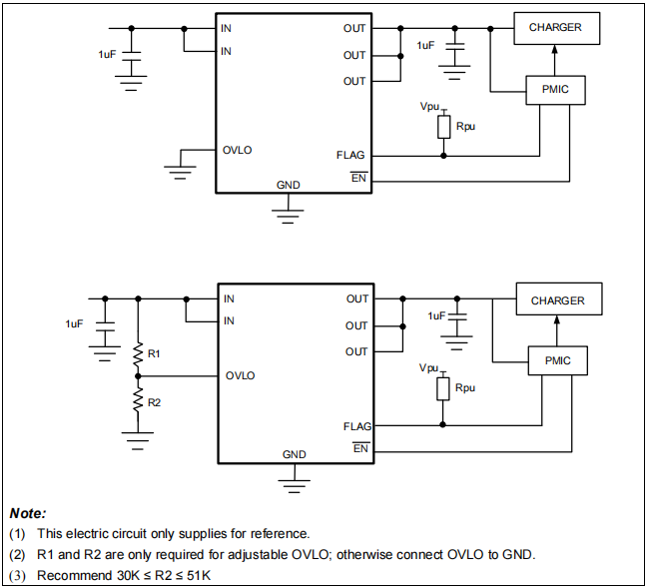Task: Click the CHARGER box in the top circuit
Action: (x=555, y=28)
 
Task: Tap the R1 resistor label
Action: (x=154, y=353)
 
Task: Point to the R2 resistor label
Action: (x=154, y=402)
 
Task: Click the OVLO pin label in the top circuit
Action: (x=237, y=150)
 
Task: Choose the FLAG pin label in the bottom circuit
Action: (x=356, y=426)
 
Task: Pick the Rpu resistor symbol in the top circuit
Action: (x=443, y=128)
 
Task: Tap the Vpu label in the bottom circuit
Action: (x=429, y=368)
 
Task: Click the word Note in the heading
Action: (x=27, y=513)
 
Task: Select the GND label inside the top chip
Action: (x=289, y=185)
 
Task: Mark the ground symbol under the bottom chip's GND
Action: (x=293, y=484)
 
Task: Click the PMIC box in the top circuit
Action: (x=555, y=91)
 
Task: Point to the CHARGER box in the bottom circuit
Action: (x=557, y=300)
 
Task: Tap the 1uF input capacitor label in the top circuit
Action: (x=108, y=54)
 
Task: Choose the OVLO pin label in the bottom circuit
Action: (x=240, y=376)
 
